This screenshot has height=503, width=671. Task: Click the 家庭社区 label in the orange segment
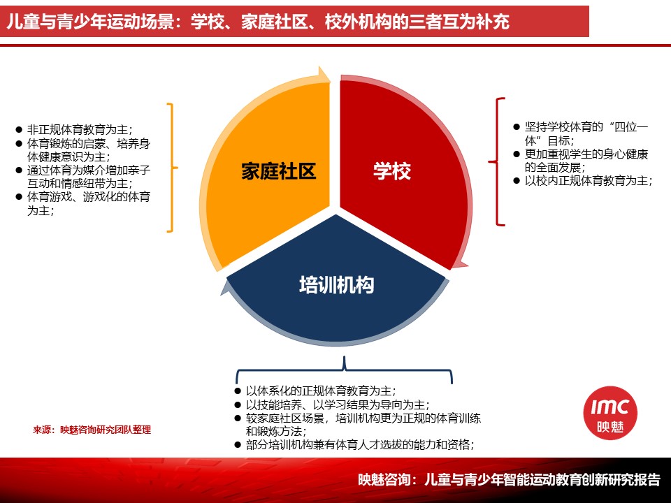pos(279,171)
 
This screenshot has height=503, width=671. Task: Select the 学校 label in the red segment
pos(392,170)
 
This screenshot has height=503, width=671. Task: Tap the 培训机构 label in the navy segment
pos(336,284)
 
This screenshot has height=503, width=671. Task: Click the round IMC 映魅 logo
pos(610,413)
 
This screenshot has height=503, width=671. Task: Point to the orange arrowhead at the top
pos(323,75)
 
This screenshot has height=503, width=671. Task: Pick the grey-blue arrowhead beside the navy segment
pos(226,287)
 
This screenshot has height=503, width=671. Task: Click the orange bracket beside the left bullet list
pos(173,168)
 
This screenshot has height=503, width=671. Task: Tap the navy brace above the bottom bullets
pos(344,370)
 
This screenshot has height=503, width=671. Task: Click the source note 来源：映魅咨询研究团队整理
pos(92,430)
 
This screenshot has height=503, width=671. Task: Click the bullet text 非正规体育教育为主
pos(80,130)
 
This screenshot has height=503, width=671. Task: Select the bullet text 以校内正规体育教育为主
pos(589,181)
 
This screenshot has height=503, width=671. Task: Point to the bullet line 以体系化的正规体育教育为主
pos(321,391)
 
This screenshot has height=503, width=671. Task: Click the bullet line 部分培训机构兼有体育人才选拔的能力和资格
pos(360,445)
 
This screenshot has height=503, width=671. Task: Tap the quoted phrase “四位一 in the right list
pos(631,126)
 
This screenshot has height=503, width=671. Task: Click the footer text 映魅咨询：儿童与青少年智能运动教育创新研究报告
pos(510,479)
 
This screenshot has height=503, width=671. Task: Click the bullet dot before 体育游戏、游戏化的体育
pos(18,197)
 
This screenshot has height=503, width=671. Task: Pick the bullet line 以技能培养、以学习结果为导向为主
pos(338,404)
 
